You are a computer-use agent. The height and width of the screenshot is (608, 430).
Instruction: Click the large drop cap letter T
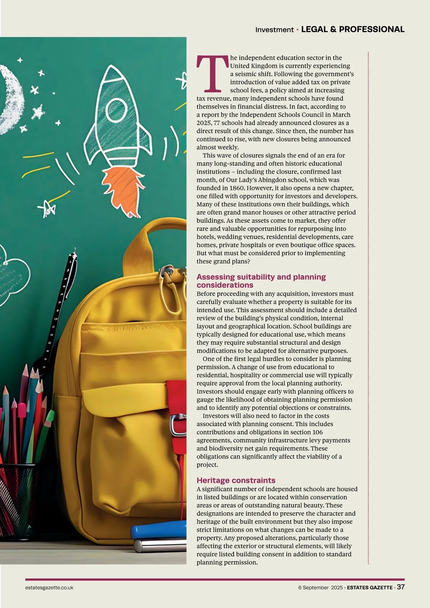[x=212, y=73]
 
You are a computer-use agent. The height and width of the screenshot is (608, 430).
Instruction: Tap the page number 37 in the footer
[x=401, y=587]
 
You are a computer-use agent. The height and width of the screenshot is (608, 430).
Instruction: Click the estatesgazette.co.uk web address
[x=49, y=588]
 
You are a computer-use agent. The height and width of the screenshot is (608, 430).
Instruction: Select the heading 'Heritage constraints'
[x=236, y=480]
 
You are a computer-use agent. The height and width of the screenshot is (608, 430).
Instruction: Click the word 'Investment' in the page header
[x=274, y=30]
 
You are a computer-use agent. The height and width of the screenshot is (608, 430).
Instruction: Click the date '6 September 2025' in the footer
[x=320, y=588]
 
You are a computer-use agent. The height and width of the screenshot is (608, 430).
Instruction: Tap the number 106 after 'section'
[x=317, y=432]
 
